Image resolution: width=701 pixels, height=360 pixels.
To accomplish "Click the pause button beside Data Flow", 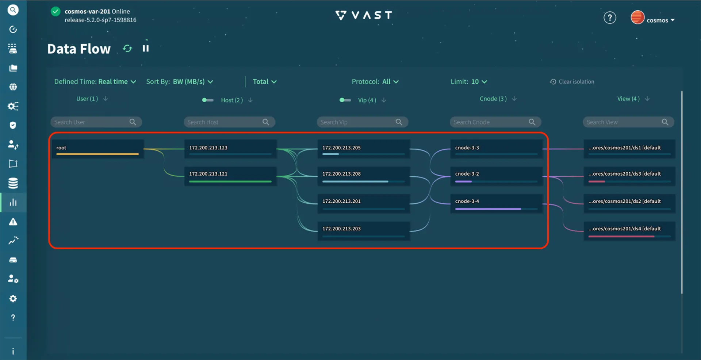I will tap(146, 49).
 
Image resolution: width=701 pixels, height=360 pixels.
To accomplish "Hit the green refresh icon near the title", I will tap(127, 49).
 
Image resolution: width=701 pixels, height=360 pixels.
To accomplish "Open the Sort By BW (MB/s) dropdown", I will tap(180, 82).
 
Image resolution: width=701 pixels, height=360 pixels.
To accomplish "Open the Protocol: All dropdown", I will tap(375, 82).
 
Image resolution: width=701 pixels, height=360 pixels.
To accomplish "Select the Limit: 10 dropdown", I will tap(469, 82).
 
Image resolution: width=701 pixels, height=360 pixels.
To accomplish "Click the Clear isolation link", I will tap(572, 82).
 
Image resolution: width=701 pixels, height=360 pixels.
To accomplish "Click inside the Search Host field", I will tap(223, 122).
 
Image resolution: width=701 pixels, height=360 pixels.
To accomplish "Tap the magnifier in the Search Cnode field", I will tap(532, 122).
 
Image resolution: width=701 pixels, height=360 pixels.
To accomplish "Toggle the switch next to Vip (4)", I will tap(345, 100).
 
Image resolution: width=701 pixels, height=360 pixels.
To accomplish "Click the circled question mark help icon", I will tap(609, 18).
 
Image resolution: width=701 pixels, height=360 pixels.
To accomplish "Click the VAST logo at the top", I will tap(364, 15).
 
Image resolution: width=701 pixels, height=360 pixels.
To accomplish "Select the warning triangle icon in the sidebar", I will tap(13, 222).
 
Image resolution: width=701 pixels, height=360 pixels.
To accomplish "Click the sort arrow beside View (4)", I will tap(647, 99).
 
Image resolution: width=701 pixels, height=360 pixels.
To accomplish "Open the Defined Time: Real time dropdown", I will tap(95, 82).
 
